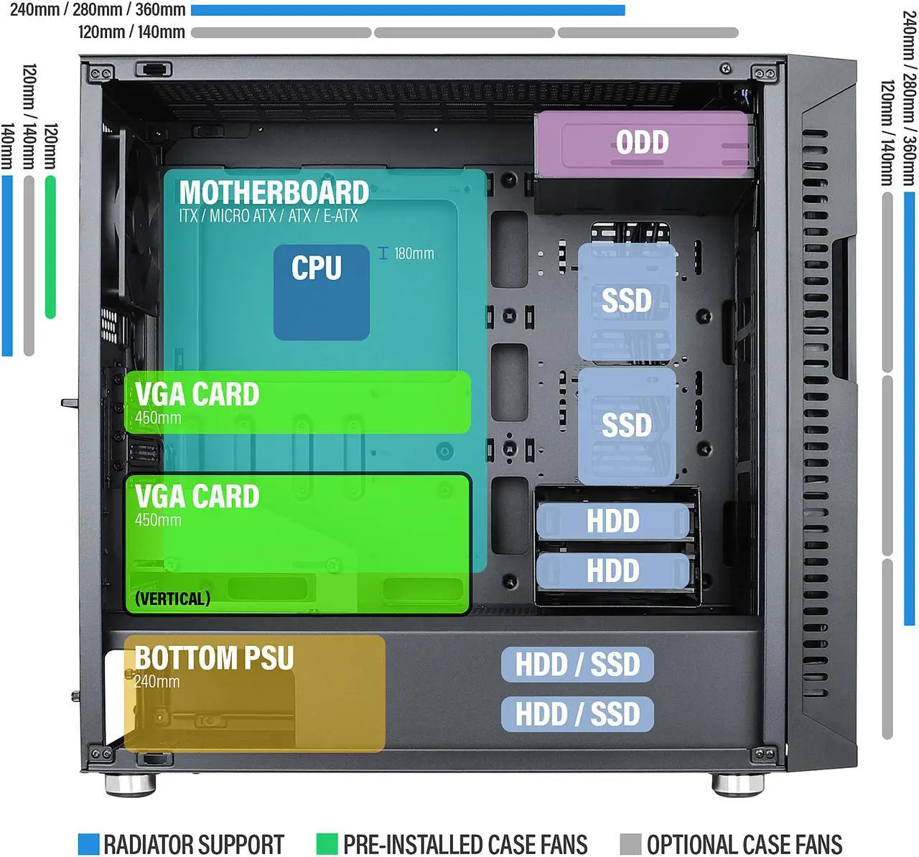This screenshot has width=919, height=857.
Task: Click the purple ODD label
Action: pos(643,142)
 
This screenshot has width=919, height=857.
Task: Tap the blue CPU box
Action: pos(321,291)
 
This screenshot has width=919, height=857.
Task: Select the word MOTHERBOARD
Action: pos(274,192)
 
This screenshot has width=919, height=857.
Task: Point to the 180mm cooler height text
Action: pos(413,253)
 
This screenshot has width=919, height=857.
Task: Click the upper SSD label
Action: pos(627,301)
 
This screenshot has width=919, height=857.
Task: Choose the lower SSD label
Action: pos(627,425)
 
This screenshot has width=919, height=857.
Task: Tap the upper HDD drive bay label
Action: pos(612,521)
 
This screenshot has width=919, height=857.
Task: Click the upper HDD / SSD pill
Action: pos(577,665)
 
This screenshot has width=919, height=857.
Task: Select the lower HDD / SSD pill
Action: pos(577,714)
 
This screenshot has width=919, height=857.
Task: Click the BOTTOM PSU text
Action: pos(214,658)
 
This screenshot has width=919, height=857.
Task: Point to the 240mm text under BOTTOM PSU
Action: pos(157,681)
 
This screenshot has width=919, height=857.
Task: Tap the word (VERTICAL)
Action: pos(172,599)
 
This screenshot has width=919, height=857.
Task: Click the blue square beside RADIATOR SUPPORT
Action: pos(88,844)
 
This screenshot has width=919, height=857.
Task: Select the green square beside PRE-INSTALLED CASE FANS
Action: pos(327,844)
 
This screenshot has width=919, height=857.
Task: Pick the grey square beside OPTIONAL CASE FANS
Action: pos(630,844)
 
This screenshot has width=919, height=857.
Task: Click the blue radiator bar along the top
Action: pos(408,10)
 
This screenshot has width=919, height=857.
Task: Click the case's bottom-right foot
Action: pos(737,784)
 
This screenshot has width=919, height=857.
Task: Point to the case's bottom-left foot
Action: pos(130,784)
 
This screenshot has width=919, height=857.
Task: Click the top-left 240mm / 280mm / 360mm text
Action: pos(98,10)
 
